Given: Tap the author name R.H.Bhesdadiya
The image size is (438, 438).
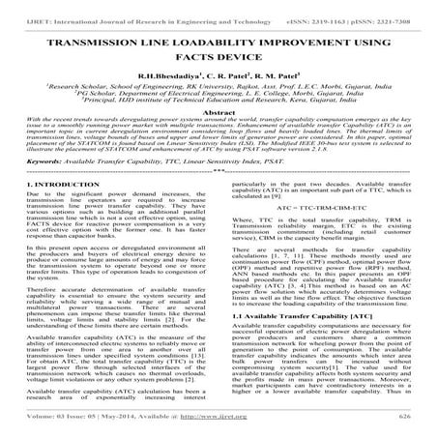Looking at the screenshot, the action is pyautogui.click(x=171, y=82).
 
